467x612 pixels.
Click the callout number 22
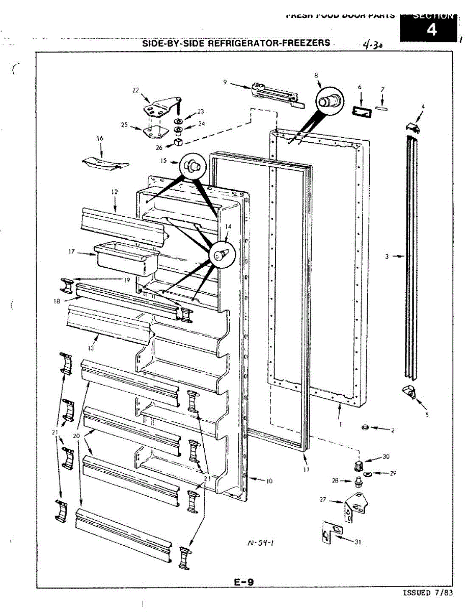pos(135,90)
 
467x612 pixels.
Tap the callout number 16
pos(100,138)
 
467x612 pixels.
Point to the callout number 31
pos(358,542)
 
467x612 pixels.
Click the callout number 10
pos(269,480)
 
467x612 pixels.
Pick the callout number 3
pos(387,257)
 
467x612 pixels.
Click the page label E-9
pos(244,581)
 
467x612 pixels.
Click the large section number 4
pos(431,31)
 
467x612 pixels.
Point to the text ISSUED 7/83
pos(426,593)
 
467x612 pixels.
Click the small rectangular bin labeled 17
pos(126,258)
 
